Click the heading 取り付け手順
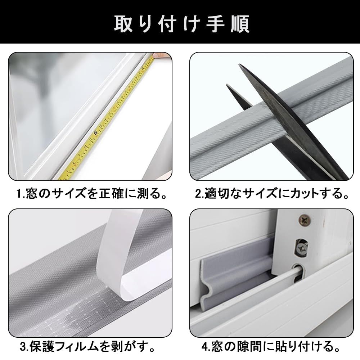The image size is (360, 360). [x=181, y=24]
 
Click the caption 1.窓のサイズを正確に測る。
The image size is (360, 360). [x=91, y=193]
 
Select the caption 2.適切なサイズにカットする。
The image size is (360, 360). [x=272, y=193]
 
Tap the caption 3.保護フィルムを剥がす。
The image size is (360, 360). [x=87, y=346]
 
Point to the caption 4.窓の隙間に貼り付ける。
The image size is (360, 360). [x=271, y=346]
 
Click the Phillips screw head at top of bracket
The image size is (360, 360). [x=304, y=220]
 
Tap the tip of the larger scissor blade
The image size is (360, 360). [x=239, y=65]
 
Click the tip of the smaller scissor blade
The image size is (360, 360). [x=227, y=85]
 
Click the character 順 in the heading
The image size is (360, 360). [x=240, y=24]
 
